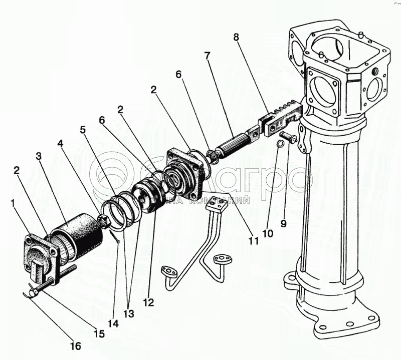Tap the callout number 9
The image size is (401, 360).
(284, 223)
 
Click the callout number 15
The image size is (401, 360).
(99, 333)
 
